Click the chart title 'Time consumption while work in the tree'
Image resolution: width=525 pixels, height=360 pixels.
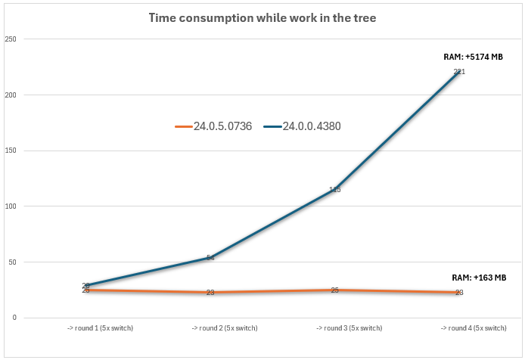[262, 17]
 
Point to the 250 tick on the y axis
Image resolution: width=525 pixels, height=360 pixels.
[11, 39]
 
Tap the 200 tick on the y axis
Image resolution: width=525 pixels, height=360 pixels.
[11, 95]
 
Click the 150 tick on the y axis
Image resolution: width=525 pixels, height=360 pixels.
[11, 151]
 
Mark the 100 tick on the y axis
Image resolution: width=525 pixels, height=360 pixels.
[11, 206]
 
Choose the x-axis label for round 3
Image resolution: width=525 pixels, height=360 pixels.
[335, 328]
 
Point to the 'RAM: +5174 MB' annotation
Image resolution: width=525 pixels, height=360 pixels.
[473, 57]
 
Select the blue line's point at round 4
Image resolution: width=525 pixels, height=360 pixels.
[459, 71]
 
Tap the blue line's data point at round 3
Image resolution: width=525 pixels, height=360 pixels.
[335, 189]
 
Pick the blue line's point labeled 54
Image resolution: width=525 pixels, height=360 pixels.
[210, 258]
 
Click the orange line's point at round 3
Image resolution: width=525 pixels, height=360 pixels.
[335, 290]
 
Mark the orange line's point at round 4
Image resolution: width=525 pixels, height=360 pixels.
[459, 292]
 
